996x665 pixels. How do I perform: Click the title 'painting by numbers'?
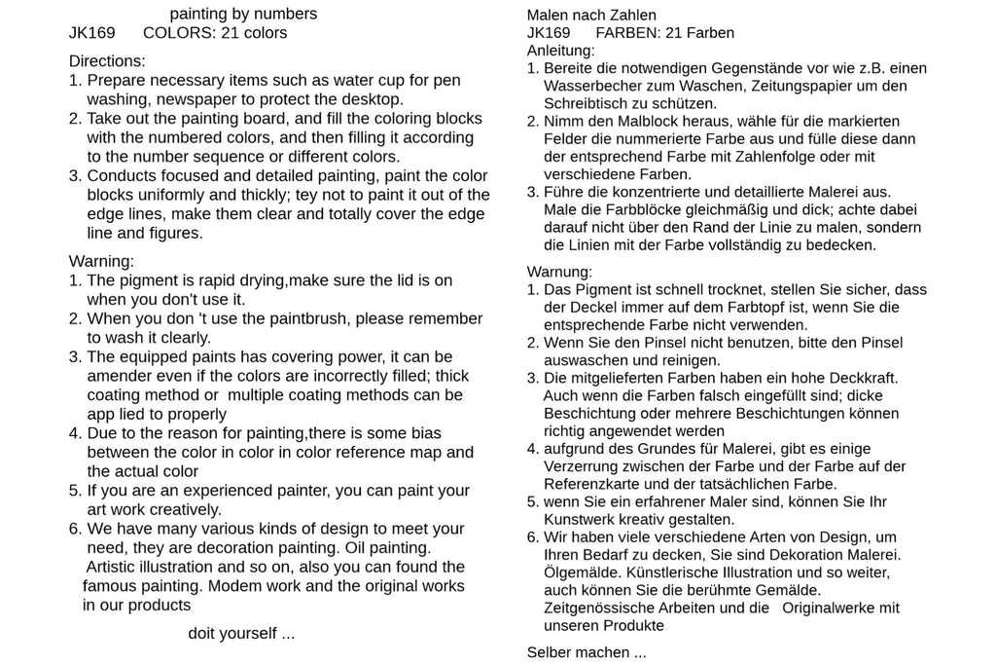click(243, 14)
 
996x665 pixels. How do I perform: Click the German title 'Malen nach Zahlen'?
click(591, 15)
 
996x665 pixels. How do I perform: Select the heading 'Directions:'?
click(107, 60)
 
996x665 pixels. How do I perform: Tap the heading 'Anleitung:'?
click(561, 50)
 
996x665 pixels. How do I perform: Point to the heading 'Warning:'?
click(101, 261)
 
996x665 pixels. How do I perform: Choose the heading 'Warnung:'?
click(559, 272)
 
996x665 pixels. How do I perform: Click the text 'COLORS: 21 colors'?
click(215, 32)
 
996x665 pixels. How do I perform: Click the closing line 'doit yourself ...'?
click(241, 633)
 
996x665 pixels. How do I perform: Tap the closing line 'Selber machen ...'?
click(587, 652)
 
